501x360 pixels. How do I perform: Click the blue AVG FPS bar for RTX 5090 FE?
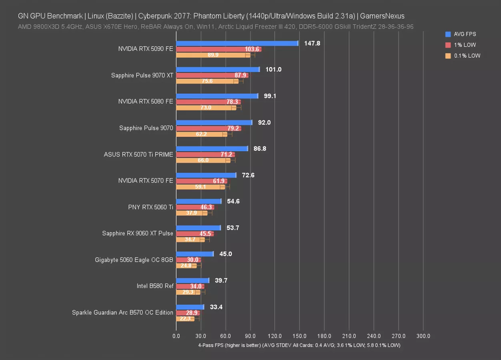237,43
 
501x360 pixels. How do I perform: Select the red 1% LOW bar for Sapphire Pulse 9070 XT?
212,75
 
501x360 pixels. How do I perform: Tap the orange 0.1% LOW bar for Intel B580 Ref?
188,292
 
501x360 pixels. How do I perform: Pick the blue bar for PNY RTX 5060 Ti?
198,201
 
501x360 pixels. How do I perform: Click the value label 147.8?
312,43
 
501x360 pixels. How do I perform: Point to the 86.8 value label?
260,148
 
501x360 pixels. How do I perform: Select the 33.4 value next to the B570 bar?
216,307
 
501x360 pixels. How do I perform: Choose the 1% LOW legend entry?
465,45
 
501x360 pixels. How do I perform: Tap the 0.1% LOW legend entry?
467,56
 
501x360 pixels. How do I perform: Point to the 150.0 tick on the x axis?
300,336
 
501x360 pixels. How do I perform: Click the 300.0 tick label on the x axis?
423,336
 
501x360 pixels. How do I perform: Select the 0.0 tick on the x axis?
176,336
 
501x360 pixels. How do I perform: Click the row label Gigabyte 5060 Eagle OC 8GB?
134,260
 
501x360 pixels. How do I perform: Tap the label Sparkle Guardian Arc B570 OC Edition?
122,312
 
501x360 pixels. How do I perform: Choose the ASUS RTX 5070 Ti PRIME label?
138,154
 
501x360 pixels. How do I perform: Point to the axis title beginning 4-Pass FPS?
299,345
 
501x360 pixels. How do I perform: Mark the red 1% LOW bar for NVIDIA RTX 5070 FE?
201,181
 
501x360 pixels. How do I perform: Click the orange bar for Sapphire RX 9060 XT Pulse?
190,239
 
